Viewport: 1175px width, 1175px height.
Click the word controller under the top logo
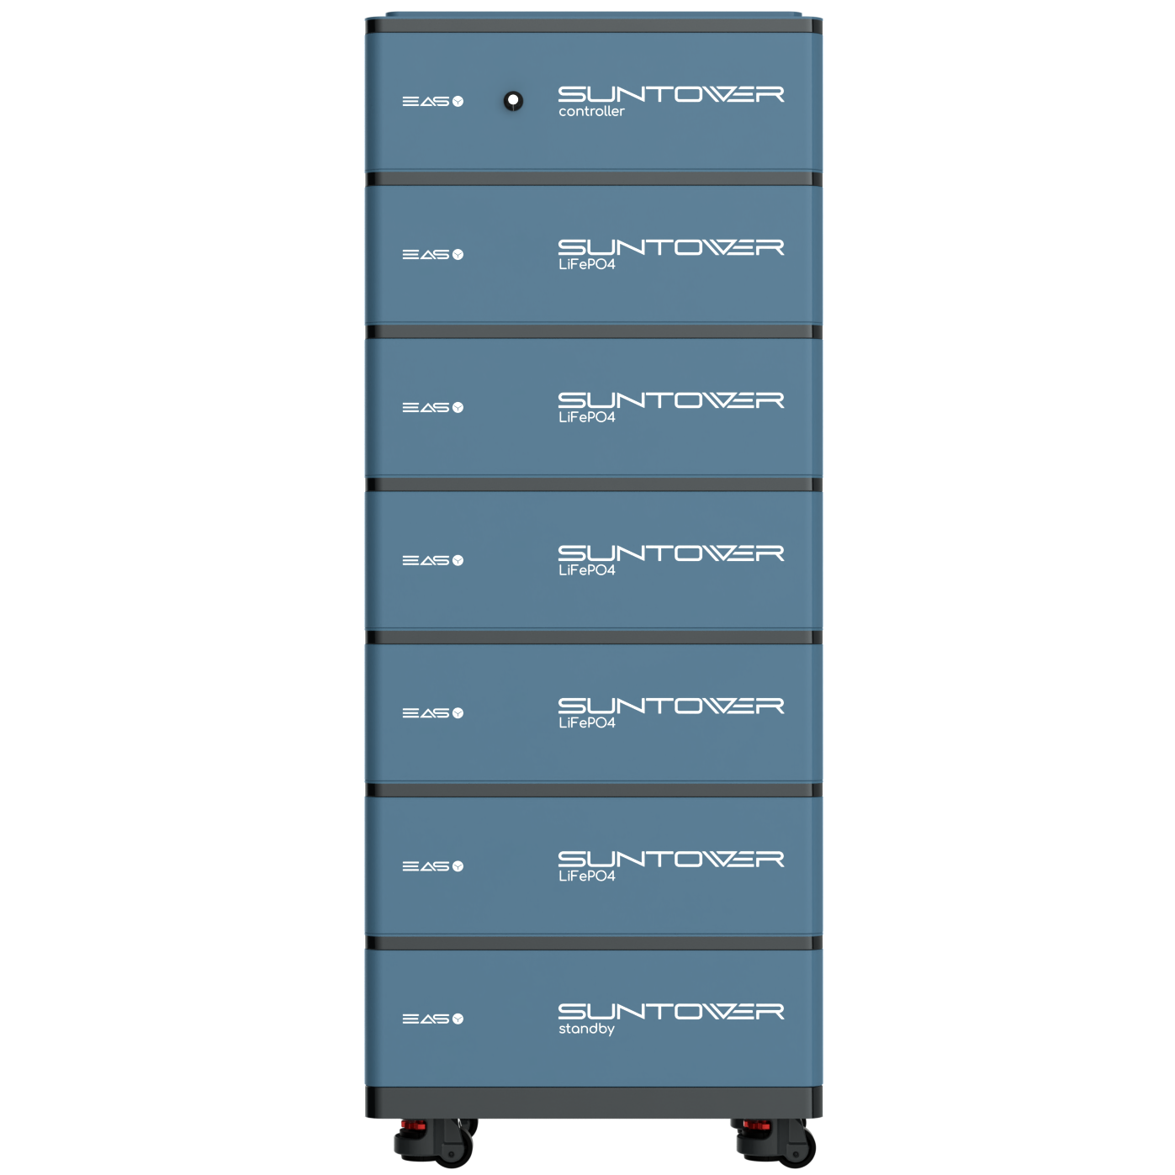(590, 111)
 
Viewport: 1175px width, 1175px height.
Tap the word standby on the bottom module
(586, 1029)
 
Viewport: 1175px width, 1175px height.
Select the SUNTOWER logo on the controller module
(670, 94)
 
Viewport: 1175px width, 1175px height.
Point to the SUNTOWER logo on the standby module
(670, 1011)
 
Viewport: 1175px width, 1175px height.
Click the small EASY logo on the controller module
(432, 101)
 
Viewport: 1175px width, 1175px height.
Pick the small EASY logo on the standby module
(432, 1019)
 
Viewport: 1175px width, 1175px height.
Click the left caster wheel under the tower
(436, 1142)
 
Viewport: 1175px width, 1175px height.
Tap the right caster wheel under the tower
(775, 1142)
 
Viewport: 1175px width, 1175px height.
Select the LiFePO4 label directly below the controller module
(586, 264)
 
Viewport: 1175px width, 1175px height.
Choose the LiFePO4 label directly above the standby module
(586, 876)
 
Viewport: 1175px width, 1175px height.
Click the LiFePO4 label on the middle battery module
(586, 569)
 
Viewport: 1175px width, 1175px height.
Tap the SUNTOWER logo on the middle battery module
(670, 553)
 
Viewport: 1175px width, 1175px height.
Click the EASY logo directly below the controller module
(432, 254)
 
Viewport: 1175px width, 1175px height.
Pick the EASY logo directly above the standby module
(432, 865)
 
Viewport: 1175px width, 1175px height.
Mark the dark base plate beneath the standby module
(593, 1102)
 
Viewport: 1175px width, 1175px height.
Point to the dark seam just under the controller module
(593, 178)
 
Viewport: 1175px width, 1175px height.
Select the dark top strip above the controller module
(593, 25)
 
